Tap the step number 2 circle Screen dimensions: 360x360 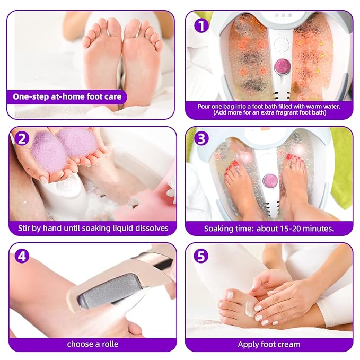pyautogui.click(x=22, y=139)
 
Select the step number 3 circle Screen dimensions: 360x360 pyautogui.click(x=201, y=139)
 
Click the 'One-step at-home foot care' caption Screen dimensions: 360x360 pyautogui.click(x=67, y=96)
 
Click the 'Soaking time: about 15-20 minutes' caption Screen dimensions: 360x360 pyautogui.click(x=269, y=229)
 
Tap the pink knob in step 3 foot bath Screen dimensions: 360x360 pyautogui.click(x=270, y=180)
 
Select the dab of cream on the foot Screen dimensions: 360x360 pyautogui.click(x=249, y=308)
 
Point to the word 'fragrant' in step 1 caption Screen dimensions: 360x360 pyautogui.click(x=288, y=113)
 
